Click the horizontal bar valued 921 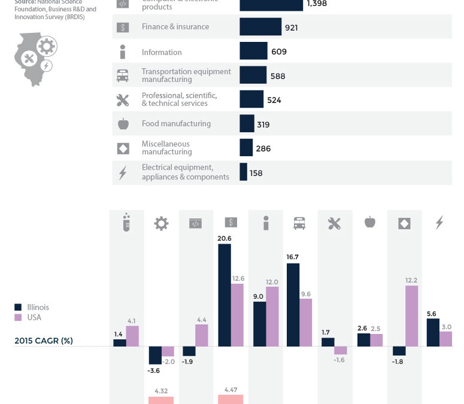pos(260,27)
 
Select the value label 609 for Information pos(279,52)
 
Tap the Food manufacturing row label pos(176,124)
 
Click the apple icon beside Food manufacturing pos(123,124)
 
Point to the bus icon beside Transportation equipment pos(123,75)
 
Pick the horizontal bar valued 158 pos(243,172)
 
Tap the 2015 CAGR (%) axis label pos(44,341)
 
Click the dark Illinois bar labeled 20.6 pos(225,295)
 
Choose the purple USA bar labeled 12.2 pos(412,315)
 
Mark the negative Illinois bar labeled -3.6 pos(155,356)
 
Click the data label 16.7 pos(293,256)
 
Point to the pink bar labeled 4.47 pos(231,399)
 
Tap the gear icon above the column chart pos(161,223)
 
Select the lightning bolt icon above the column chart pos(439,223)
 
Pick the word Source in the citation pos(25,2)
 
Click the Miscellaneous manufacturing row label pos(166,148)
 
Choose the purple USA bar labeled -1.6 pos(341,351)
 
